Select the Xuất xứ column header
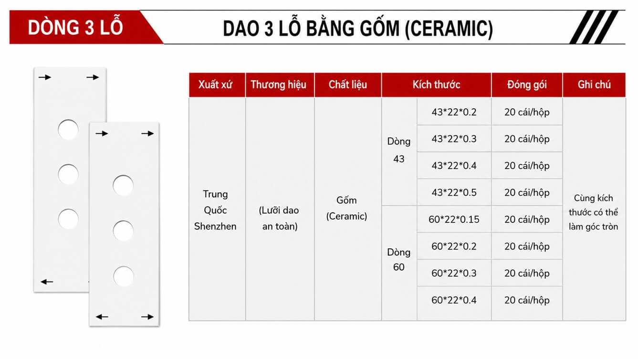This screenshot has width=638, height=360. [x=215, y=85]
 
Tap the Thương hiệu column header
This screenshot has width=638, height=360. [x=278, y=85]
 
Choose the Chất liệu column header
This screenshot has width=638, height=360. [x=348, y=85]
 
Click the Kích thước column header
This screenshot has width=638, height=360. [x=436, y=85]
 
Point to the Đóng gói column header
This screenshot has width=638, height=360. [x=527, y=85]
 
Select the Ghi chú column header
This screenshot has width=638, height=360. [x=594, y=85]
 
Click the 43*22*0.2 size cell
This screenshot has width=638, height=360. [x=454, y=112]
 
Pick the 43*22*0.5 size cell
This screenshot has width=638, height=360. [x=454, y=192]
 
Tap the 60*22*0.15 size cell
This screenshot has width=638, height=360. [x=454, y=219]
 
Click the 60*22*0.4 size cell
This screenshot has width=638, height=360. [x=454, y=300]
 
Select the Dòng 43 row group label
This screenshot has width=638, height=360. [x=399, y=150]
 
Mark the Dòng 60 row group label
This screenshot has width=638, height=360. [x=399, y=259]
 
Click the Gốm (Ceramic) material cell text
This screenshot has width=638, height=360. [x=346, y=208]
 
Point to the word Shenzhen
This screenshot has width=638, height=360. [x=215, y=226]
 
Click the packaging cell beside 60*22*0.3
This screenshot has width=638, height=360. [x=527, y=273]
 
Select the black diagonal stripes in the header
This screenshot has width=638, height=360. [x=594, y=27]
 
